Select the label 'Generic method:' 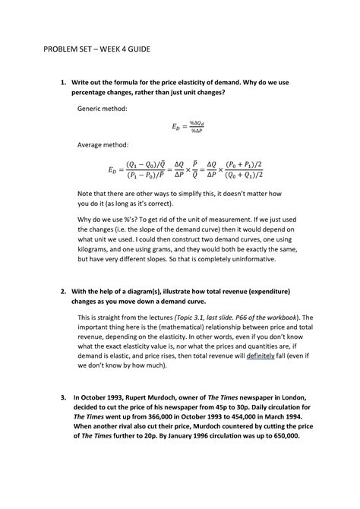tap(103, 109)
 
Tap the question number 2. tap(65, 292)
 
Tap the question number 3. tap(65, 397)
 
